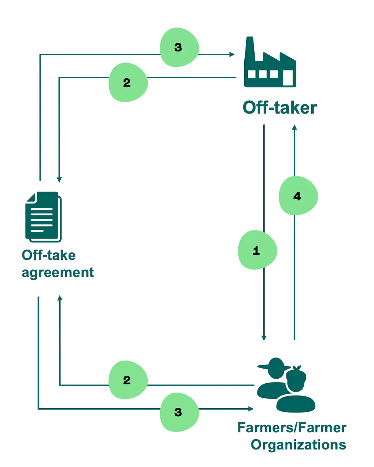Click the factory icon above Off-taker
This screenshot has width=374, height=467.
coord(270,66)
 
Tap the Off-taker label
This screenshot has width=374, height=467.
coord(280,108)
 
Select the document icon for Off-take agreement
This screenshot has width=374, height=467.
coord(43,217)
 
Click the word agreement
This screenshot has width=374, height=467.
coord(58,273)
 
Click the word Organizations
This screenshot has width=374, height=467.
coord(298,445)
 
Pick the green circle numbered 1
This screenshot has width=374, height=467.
coord(257,250)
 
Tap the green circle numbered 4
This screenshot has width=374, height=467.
coord(298,196)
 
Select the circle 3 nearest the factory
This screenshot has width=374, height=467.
coord(179,47)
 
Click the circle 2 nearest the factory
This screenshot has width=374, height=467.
coord(128,82)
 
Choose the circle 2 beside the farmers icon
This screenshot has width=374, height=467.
coord(128,380)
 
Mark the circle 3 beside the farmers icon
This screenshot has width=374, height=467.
coord(179,412)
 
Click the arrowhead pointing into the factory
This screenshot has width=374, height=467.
coord(232,54)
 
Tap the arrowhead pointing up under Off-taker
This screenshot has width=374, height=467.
coord(294,127)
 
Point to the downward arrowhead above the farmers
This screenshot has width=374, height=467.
coord(264,338)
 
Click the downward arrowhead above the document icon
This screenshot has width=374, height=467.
coord(59,180)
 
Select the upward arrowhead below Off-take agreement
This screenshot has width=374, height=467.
coord(60,298)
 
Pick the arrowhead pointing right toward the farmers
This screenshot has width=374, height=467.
coord(251,409)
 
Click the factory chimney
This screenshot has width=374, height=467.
coord(250,48)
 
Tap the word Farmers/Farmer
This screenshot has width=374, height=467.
coord(292,428)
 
